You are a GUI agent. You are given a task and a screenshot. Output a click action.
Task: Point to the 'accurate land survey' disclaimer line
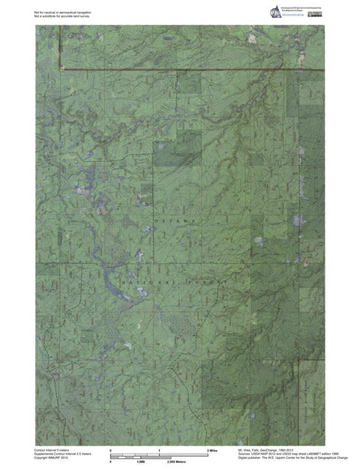pyautogui.click(x=63, y=16)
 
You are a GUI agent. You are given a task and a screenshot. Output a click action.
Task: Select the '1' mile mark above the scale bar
pyautogui.click(x=159, y=449)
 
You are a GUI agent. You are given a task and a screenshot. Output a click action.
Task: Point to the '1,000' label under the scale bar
pyautogui.click(x=139, y=462)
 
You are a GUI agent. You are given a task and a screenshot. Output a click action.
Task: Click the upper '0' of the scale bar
pyautogui.click(x=111, y=449)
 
